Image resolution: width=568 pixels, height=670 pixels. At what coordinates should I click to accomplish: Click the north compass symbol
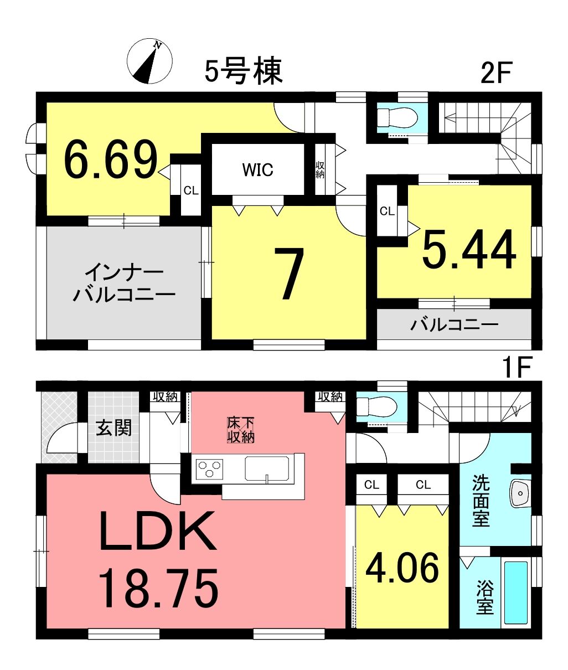click(149, 61)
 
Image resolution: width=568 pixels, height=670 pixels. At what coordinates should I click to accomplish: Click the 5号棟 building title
click(244, 71)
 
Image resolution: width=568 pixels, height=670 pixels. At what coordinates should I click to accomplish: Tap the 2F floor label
click(495, 73)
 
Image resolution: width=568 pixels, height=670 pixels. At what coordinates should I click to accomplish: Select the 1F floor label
click(518, 367)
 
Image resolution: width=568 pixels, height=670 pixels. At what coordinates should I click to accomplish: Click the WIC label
click(258, 169)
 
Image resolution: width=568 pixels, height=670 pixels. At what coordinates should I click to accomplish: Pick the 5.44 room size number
click(469, 249)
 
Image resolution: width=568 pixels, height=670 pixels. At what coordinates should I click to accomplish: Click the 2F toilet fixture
click(397, 117)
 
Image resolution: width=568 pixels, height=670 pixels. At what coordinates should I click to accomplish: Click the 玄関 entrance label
click(113, 428)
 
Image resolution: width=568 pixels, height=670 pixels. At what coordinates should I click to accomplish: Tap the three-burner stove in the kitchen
click(210, 468)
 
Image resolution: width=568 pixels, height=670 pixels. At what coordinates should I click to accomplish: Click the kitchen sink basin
click(267, 468)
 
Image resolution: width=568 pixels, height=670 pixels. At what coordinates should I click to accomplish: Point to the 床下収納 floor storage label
click(240, 430)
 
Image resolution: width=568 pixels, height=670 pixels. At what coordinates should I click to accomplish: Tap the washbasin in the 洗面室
click(520, 493)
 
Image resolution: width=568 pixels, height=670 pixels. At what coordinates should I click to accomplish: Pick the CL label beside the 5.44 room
click(387, 212)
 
